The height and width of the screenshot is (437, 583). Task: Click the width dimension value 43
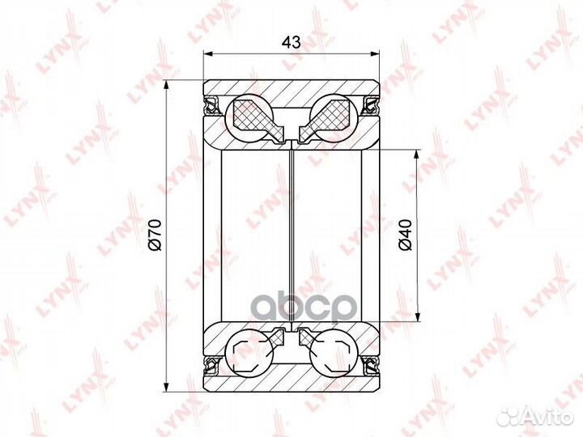pyautogui.click(x=291, y=42)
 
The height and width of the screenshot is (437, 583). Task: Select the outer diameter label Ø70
pyautogui.click(x=155, y=235)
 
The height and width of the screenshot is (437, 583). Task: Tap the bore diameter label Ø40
pyautogui.click(x=406, y=235)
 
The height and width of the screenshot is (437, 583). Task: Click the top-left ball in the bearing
pyautogui.click(x=249, y=117)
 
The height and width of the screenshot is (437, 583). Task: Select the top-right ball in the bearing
pyautogui.click(x=334, y=117)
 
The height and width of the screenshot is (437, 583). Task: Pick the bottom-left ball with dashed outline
pyautogui.click(x=249, y=352)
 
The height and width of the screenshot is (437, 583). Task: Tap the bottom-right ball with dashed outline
pyautogui.click(x=334, y=352)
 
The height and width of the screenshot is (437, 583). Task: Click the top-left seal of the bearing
pyautogui.click(x=212, y=105)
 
